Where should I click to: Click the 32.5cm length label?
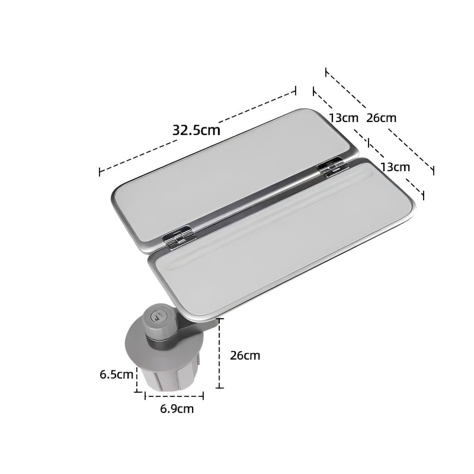(196, 129)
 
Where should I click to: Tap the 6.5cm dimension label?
(116, 374)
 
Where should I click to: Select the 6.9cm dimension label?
(177, 408)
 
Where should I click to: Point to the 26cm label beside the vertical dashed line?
(245, 355)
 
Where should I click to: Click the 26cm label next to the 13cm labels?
(381, 117)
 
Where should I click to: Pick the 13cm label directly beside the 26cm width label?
(344, 117)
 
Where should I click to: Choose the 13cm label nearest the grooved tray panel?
(395, 166)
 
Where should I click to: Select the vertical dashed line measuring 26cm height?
(220, 353)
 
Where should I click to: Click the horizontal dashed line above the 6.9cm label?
(174, 395)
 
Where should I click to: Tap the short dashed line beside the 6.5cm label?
(137, 379)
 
